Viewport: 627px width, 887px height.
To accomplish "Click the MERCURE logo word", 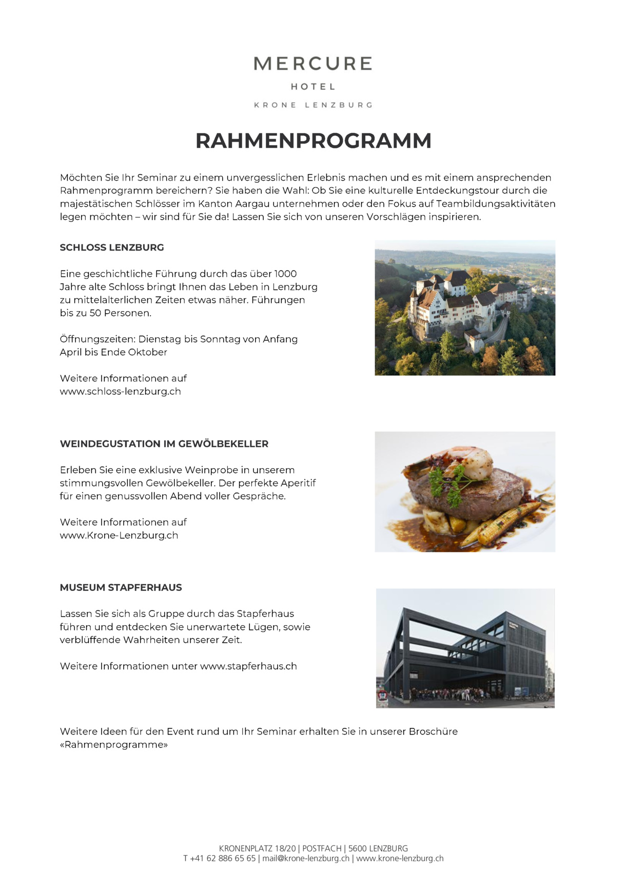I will (x=313, y=64).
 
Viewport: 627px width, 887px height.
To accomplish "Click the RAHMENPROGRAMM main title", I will (x=313, y=141).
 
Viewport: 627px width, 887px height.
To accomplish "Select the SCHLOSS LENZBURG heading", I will (x=112, y=247).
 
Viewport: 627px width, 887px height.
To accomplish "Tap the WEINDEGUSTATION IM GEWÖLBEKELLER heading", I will (x=164, y=444).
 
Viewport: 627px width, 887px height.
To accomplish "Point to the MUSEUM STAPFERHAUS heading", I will (x=121, y=588).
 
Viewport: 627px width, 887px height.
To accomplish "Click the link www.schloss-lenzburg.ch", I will (x=121, y=392).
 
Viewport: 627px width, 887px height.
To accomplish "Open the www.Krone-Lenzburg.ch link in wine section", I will (x=119, y=535).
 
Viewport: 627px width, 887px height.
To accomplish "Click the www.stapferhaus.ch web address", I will (x=248, y=666).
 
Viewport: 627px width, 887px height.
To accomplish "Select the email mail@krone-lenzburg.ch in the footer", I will (x=306, y=858).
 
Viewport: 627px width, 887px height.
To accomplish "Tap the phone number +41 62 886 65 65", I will (x=223, y=858).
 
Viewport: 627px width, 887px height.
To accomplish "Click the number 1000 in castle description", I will (x=285, y=274).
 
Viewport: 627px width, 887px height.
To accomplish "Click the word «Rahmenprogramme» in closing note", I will (x=114, y=745).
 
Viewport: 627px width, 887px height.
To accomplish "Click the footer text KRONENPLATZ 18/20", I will (x=258, y=849).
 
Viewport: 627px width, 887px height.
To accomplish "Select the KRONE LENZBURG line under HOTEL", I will (x=313, y=105).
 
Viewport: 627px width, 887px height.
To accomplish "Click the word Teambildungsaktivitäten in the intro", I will (x=496, y=204).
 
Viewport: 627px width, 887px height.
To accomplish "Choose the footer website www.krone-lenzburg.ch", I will (x=400, y=858).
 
